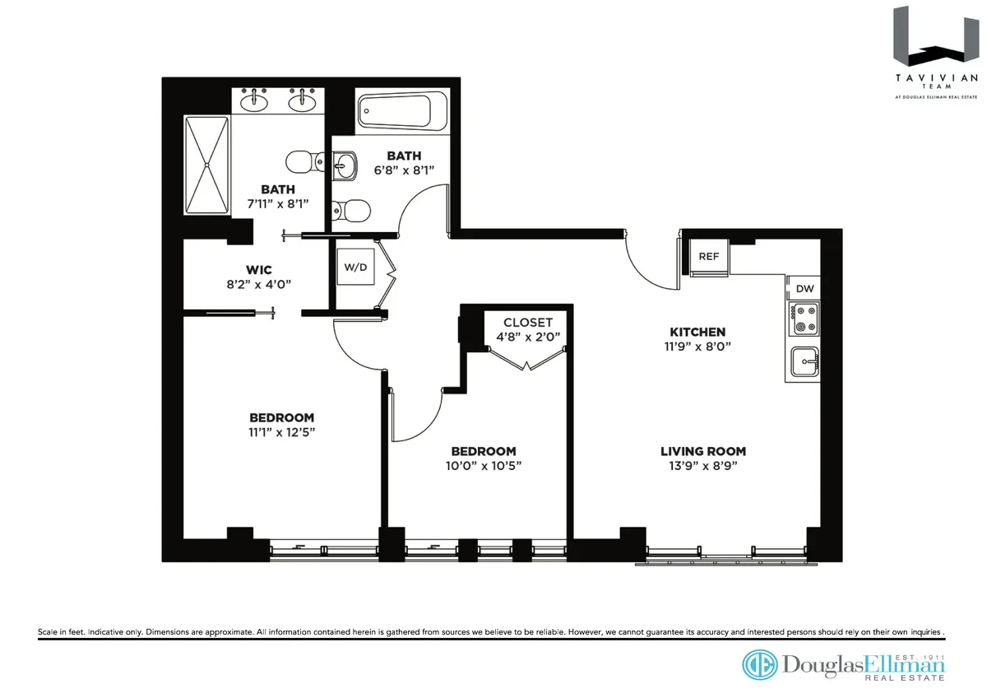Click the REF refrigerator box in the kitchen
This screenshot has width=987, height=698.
tap(708, 257)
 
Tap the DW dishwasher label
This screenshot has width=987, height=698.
tap(804, 288)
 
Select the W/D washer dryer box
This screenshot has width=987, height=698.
tap(354, 267)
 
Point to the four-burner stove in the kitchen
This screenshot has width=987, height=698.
tap(804, 319)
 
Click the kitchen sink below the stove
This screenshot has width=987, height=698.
tap(804, 361)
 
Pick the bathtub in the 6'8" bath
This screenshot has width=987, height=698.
tap(402, 110)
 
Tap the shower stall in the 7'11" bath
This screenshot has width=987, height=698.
tap(206, 165)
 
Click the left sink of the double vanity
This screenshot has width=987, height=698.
tap(255, 101)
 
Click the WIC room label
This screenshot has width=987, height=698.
tap(258, 270)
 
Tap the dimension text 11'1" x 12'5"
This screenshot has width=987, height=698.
tap(282, 432)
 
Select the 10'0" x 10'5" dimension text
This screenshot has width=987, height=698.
tap(484, 465)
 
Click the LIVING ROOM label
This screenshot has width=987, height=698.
tap(703, 451)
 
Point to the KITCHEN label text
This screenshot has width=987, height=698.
tap(697, 332)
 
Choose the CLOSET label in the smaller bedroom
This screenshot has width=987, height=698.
tap(528, 323)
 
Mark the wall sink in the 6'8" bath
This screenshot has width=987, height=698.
tap(345, 168)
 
